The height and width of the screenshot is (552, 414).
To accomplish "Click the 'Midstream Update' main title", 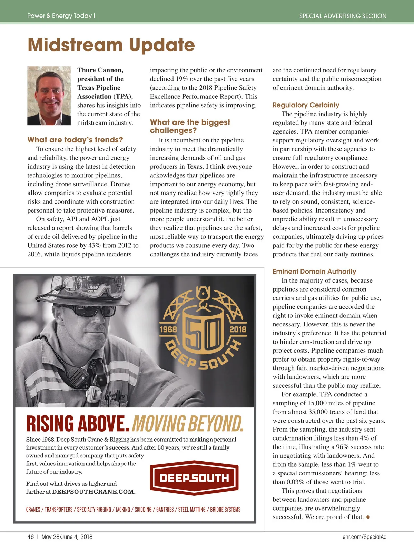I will (111, 45).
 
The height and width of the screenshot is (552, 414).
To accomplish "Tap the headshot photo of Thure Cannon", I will (49, 96).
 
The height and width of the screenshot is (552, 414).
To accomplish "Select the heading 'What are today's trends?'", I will (75, 140).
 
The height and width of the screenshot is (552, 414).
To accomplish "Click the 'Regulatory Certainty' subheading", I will (306, 105).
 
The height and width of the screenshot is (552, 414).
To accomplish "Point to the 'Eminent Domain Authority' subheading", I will (314, 272).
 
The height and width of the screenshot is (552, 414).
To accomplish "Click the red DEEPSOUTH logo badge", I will (194, 478).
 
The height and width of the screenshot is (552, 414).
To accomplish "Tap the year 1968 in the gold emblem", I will (168, 329).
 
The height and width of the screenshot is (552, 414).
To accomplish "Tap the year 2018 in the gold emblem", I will (238, 329).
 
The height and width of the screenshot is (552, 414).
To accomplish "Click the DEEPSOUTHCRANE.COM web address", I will (93, 492).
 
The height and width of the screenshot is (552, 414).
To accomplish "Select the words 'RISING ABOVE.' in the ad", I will (78, 424).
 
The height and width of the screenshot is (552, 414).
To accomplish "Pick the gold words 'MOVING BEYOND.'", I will (188, 424).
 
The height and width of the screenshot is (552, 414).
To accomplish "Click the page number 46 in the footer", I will (31, 537).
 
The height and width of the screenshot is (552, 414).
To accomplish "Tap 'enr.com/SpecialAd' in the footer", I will (364, 537).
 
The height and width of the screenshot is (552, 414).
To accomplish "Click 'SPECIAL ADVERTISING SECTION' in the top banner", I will (343, 16).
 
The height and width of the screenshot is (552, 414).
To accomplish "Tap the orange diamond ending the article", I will (368, 517).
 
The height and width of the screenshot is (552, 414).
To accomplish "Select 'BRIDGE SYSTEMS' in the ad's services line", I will (225, 510).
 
